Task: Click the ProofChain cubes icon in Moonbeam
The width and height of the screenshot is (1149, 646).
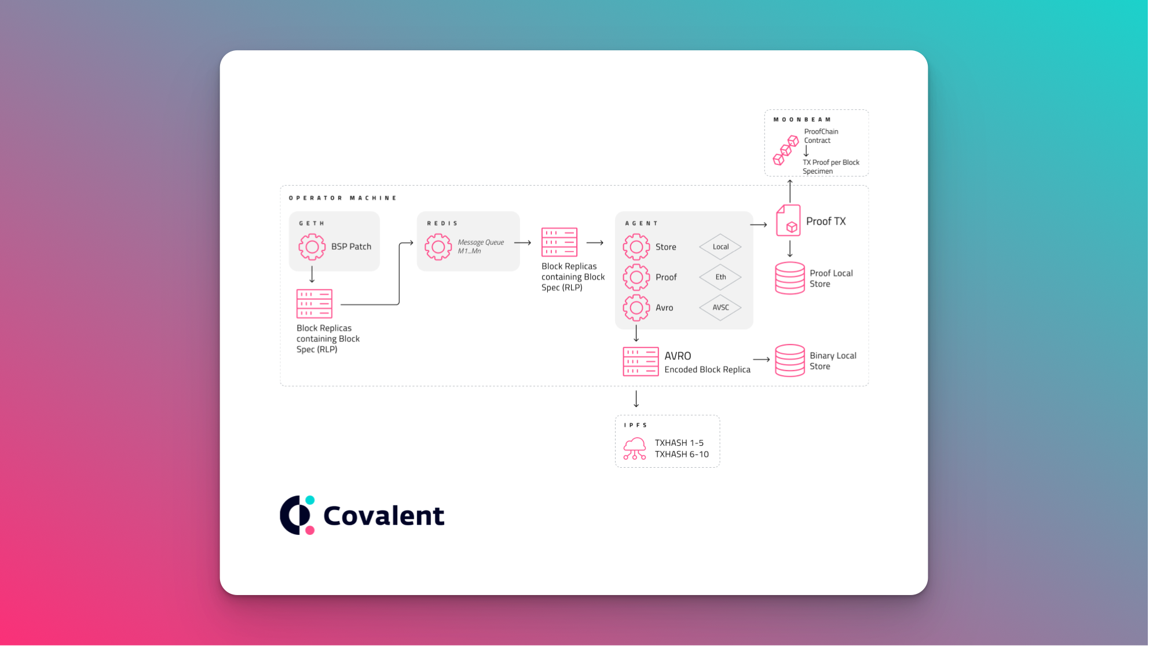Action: tap(786, 151)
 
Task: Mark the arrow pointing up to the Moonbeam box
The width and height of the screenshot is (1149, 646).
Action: tap(790, 191)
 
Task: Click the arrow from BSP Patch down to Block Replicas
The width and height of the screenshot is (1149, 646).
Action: tap(312, 274)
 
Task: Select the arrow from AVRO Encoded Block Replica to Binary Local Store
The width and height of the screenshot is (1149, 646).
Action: tap(762, 359)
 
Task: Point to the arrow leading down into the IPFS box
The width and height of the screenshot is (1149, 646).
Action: tap(636, 399)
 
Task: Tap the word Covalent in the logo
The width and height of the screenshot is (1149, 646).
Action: tap(384, 515)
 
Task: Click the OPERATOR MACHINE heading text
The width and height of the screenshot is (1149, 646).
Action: tap(343, 198)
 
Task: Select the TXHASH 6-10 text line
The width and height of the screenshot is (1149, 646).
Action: tap(682, 454)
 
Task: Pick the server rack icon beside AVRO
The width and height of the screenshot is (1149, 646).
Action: tap(641, 362)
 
